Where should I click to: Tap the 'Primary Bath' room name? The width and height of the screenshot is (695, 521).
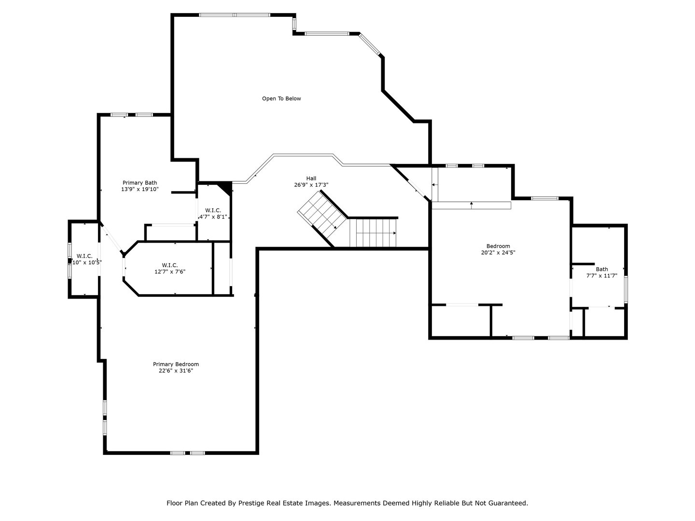coord(139,183)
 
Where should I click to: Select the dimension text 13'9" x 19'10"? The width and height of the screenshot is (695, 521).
coord(139,190)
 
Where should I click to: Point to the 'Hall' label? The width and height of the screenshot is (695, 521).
coord(311,178)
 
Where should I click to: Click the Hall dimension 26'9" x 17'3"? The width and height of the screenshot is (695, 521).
coord(311,185)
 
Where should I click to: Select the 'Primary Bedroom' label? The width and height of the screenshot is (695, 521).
coord(176,364)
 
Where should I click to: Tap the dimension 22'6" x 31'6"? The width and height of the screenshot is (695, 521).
coord(176,371)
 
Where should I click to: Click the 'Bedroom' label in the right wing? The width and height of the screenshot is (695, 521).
coord(498,246)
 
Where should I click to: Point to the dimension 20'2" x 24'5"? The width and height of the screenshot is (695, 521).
coord(498,253)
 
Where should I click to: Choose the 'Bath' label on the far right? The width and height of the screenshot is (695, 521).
coord(601,269)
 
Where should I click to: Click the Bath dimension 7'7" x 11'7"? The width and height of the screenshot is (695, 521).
coord(601,276)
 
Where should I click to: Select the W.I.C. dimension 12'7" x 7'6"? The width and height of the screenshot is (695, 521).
coord(170,272)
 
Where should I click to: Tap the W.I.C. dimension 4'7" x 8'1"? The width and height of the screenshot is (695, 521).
coord(213,217)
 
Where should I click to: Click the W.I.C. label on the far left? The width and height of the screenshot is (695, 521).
coord(84,256)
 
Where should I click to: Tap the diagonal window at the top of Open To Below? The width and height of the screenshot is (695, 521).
coord(371,45)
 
